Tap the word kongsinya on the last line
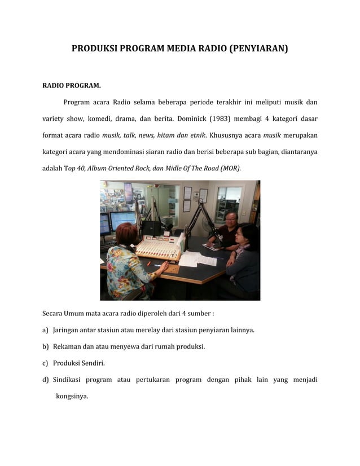[x=72, y=396]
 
